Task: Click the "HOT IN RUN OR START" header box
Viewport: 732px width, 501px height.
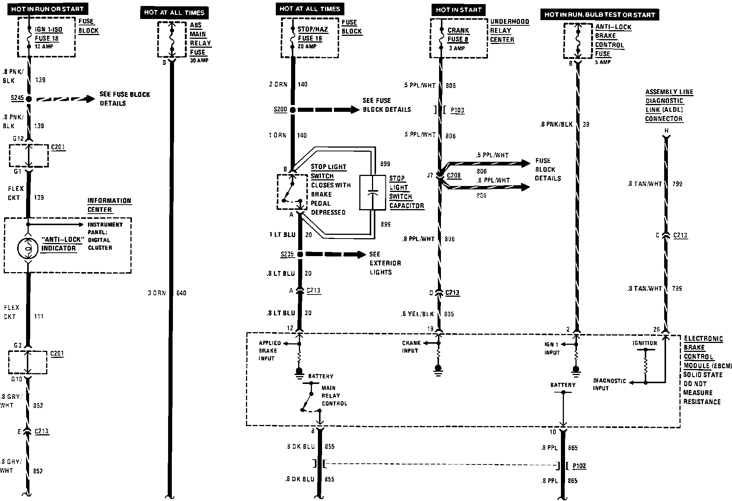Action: point(47,9)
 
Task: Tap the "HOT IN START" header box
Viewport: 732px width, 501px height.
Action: point(458,10)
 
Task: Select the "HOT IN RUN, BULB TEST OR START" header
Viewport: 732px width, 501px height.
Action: point(599,15)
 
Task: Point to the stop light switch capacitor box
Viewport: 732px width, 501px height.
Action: point(372,192)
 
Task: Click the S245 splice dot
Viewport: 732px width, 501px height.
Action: point(28,99)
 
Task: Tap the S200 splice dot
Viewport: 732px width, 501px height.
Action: point(293,110)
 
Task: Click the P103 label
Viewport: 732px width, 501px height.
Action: point(457,110)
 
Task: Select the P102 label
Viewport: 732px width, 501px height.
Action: point(579,466)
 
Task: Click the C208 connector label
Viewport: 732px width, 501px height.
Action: point(454,175)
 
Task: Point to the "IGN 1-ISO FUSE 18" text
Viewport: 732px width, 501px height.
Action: point(48,34)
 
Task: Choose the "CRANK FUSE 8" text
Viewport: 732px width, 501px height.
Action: point(458,35)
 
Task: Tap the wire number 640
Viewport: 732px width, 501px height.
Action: point(181,293)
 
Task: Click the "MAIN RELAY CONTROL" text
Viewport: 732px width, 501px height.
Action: point(334,396)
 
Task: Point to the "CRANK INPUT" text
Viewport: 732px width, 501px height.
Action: point(411,347)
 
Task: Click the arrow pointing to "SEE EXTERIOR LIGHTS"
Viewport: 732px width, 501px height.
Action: point(335,254)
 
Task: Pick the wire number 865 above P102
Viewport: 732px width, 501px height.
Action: point(572,448)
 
